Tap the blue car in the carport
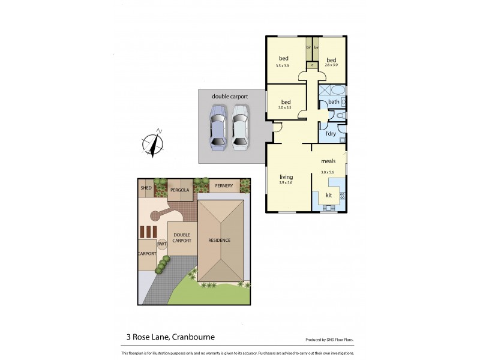(217, 127)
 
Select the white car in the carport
(240, 127)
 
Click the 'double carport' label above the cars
(230, 96)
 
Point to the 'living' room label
(286, 177)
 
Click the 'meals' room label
(328, 161)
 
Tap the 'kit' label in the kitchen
(328, 195)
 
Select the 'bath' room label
(333, 102)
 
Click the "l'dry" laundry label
(330, 133)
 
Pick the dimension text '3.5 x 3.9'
(283, 65)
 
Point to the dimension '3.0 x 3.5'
(285, 107)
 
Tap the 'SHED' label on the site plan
(146, 188)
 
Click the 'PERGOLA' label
(179, 190)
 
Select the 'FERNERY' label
(224, 186)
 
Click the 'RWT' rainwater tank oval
(162, 244)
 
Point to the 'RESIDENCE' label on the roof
(220, 240)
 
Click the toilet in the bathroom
(340, 115)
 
